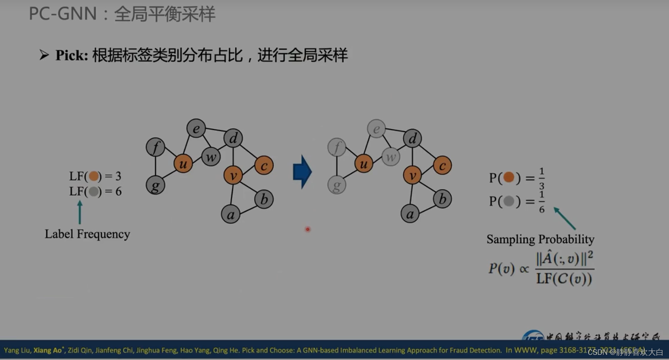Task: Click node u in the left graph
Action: pyautogui.click(x=183, y=163)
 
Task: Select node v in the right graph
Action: pyautogui.click(x=412, y=175)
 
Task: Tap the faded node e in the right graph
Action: pyautogui.click(x=376, y=129)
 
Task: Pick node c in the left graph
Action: pyautogui.click(x=264, y=165)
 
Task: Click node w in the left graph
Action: pyautogui.click(x=211, y=157)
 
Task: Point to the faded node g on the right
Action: pyautogui.click(x=337, y=185)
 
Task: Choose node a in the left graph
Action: pyautogui.click(x=231, y=214)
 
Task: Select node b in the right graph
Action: pyautogui.click(x=442, y=199)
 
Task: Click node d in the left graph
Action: pyautogui.click(x=233, y=138)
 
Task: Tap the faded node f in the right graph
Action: pyautogui.click(x=337, y=147)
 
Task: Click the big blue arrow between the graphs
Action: pyautogui.click(x=302, y=172)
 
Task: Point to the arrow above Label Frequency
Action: pyautogui.click(x=80, y=212)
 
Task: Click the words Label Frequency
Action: pyautogui.click(x=87, y=234)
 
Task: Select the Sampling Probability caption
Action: pyautogui.click(x=540, y=239)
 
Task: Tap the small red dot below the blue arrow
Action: pyautogui.click(x=307, y=229)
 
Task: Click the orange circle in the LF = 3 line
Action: pyautogui.click(x=94, y=176)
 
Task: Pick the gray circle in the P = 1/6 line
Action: pyautogui.click(x=509, y=201)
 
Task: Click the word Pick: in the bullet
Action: pyautogui.click(x=72, y=55)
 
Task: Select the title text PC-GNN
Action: pyautogui.click(x=63, y=14)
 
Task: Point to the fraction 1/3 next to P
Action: pyautogui.click(x=541, y=178)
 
